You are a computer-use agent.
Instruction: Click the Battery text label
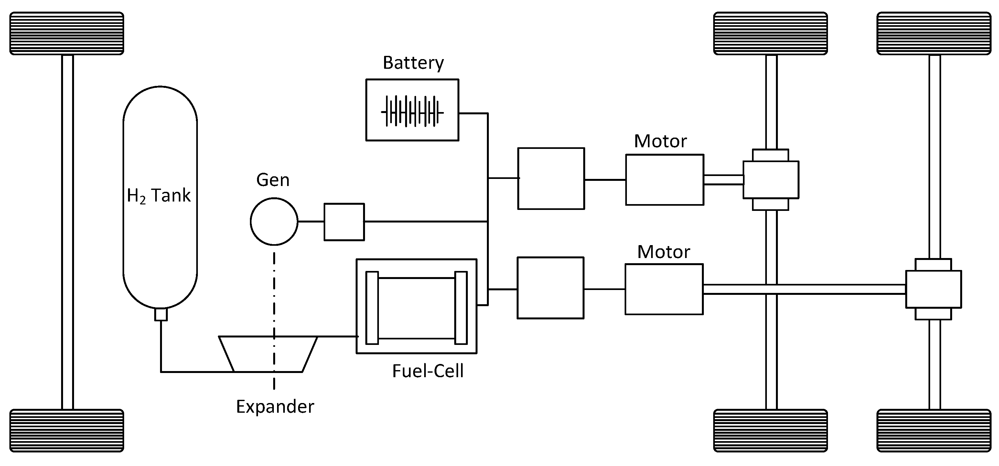tap(413, 63)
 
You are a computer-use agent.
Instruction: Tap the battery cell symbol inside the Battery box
tap(412, 112)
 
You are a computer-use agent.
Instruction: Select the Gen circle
tap(274, 222)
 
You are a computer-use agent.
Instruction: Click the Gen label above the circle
tap(273, 180)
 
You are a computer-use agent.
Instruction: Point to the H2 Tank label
tap(159, 196)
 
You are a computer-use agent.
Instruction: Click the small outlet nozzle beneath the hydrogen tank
tap(161, 314)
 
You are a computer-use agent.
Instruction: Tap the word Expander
tap(275, 407)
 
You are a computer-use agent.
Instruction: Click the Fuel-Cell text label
tap(427, 371)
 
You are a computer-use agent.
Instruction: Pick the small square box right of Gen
tap(344, 222)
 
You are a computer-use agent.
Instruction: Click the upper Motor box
tap(664, 180)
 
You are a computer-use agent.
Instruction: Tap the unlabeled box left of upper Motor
tap(551, 179)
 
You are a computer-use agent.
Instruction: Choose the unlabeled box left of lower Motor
tap(550, 288)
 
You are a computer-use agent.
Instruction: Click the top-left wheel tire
tap(67, 33)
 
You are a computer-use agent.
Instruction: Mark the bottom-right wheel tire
tap(934, 431)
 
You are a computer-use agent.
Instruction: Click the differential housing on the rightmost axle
tap(933, 289)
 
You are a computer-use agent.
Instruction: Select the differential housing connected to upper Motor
tap(770, 180)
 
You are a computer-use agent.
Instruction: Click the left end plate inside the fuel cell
tap(371, 307)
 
